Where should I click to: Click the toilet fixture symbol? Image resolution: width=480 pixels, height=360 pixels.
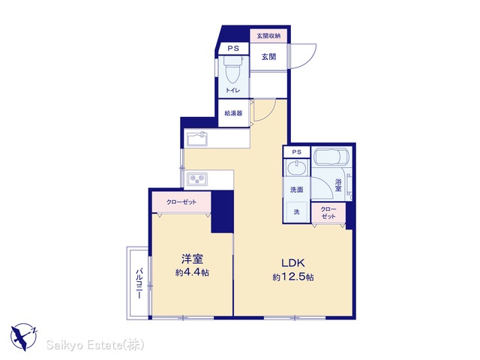coord(233,69)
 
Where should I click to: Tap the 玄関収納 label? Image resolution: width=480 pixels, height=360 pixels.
coord(268,36)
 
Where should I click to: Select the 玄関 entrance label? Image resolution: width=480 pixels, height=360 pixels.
coord(268,57)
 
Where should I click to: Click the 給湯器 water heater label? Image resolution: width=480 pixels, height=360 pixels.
coord(233,113)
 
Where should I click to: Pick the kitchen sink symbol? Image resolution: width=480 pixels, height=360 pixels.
coord(197,139)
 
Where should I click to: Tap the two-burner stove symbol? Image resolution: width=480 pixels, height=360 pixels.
coord(197,178)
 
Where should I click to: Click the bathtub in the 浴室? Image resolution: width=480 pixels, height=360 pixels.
coord(331,157)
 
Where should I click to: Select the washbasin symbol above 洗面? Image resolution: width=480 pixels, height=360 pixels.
coord(296,167)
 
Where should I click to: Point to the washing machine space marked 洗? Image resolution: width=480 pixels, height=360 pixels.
coord(296,211)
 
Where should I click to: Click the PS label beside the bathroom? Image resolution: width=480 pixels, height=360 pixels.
coord(296,151)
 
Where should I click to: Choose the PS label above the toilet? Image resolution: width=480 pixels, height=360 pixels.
coord(233,48)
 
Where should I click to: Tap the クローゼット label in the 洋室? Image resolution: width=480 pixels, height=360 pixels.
coord(181,202)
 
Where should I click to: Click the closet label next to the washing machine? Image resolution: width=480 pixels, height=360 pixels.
coord(328,213)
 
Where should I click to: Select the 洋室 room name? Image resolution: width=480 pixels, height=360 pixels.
coord(192,259)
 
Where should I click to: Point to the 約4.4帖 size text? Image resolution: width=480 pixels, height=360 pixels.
coord(192,272)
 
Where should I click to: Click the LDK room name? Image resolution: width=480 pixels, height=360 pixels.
coord(293,262)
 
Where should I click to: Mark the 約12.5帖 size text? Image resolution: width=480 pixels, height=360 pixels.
coord(293,277)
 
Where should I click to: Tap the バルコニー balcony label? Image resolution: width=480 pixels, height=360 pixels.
coord(139,283)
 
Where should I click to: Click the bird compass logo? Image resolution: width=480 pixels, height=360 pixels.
coord(24,337)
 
